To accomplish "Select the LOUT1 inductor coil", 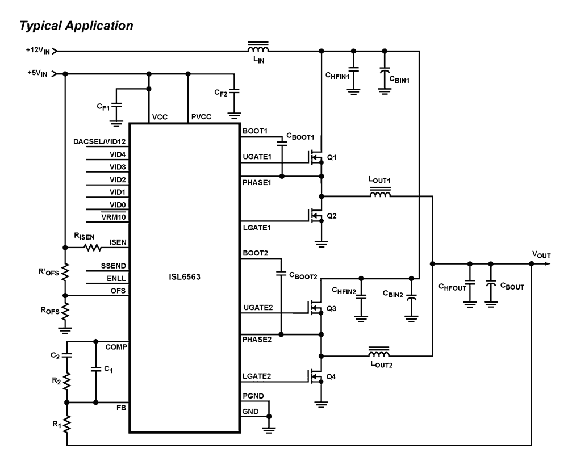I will pyautogui.click(x=380, y=195).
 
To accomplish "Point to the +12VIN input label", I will pyautogui.click(x=39, y=51).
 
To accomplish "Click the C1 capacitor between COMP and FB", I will pyautogui.click(x=95, y=369).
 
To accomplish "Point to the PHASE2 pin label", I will pyautogui.click(x=257, y=339).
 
